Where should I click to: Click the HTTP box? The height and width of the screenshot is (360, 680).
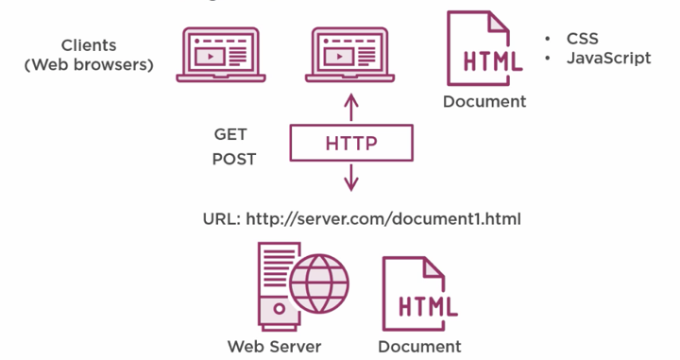[350, 144]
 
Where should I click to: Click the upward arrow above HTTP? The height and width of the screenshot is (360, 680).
[350, 106]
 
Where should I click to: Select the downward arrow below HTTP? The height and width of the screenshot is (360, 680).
[350, 177]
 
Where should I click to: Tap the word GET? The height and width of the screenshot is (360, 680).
[230, 134]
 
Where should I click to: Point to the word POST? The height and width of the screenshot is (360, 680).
[233, 159]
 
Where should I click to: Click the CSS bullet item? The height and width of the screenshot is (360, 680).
[582, 39]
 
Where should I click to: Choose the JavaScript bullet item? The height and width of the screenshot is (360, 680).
[608, 58]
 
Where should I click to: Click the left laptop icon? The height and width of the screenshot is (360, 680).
[220, 54]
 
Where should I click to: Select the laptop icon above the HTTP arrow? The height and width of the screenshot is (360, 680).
[350, 54]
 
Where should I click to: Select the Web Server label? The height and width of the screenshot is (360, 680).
[274, 346]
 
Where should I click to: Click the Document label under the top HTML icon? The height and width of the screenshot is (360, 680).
[484, 101]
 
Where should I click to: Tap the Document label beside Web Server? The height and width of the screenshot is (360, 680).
[419, 346]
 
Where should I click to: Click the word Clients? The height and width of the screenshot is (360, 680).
[89, 45]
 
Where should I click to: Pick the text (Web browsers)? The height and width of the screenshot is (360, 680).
[89, 64]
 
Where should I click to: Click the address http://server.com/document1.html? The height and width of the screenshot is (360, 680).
[383, 218]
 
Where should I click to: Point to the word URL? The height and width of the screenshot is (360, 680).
[222, 218]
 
